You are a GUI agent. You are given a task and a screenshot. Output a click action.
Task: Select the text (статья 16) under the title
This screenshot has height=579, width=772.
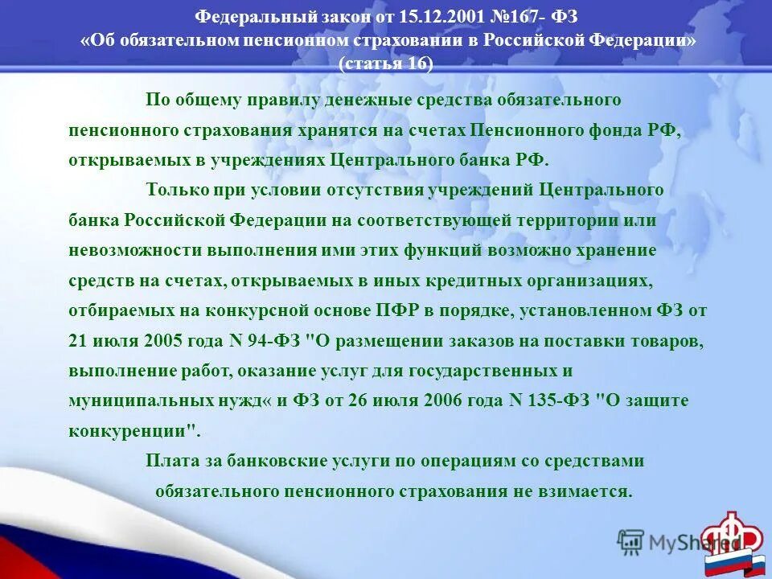pyautogui.click(x=386, y=64)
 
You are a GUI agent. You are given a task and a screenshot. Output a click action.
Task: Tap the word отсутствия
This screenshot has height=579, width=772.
pyautogui.click(x=376, y=190)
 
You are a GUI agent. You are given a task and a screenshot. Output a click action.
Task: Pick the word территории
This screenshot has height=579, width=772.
pyautogui.click(x=573, y=220)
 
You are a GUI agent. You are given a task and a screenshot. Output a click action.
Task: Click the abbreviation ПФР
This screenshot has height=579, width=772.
pyautogui.click(x=396, y=310)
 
